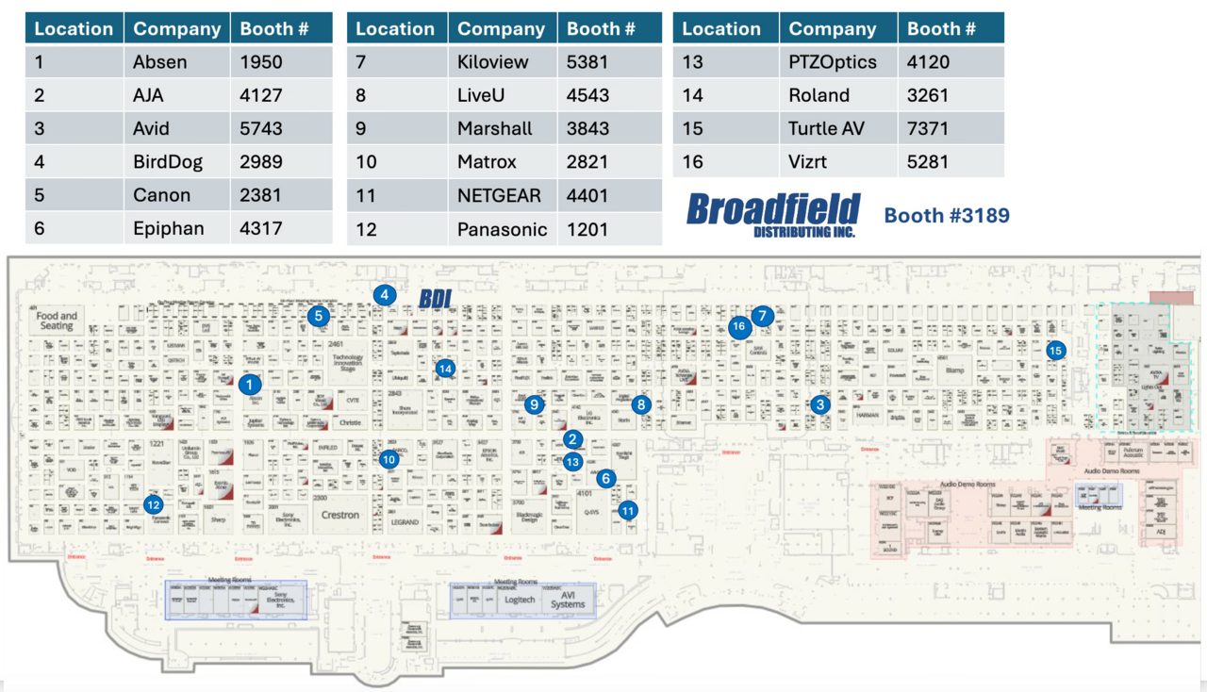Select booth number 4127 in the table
pos(261,95)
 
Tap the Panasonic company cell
pos(502,229)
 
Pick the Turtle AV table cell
pos(826,128)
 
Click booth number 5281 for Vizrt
pos(928,162)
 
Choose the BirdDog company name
pos(168,162)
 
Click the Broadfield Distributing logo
pos(773,214)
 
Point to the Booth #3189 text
pos(946,216)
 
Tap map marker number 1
pos(249,385)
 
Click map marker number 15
pos(1055,350)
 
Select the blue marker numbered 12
pos(154,504)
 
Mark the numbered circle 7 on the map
pos(762,317)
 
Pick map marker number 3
pos(820,404)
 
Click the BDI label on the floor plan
pos(436,299)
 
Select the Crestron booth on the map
pos(339,515)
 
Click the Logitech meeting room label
pos(520,600)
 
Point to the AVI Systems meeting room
pos(568,600)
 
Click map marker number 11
pos(628,510)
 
